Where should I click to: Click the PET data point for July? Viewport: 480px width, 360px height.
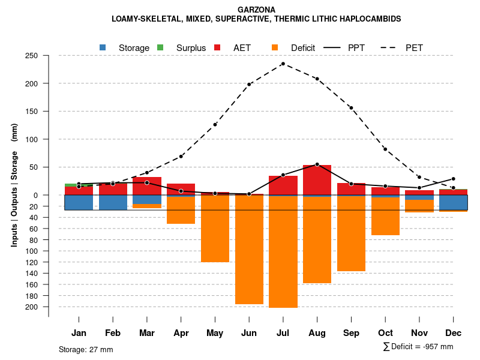(x=283, y=64)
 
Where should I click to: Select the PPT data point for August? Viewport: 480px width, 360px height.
(x=317, y=164)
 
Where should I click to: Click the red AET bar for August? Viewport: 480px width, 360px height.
(x=317, y=180)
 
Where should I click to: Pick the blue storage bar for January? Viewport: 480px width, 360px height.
(x=79, y=202)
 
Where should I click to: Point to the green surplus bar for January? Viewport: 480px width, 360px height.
(x=79, y=185)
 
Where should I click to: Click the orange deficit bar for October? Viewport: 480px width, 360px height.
(x=385, y=216)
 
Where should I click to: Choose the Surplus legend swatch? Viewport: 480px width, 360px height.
(x=160, y=47)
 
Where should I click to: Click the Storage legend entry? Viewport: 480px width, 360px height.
(x=134, y=48)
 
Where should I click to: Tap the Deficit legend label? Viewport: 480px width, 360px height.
(x=303, y=48)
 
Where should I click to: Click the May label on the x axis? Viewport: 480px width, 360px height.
(x=215, y=333)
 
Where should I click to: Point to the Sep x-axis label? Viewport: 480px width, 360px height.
(x=352, y=333)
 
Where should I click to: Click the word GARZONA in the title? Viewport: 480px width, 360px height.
(x=256, y=10)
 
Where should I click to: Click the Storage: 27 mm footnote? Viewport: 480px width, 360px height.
(x=86, y=349)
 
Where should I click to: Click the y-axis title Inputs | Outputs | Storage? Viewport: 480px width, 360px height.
(x=14, y=185)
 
